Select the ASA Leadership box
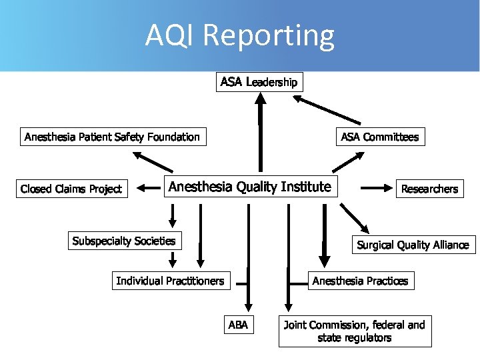259,82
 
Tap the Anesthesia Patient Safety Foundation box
112,137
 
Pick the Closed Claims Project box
71,189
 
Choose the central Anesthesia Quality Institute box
250,187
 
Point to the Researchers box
429,189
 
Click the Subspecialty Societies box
124,241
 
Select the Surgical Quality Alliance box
413,245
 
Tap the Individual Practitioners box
170,281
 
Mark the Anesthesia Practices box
360,281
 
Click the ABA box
238,325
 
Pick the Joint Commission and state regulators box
355,331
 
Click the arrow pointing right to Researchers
377,189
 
